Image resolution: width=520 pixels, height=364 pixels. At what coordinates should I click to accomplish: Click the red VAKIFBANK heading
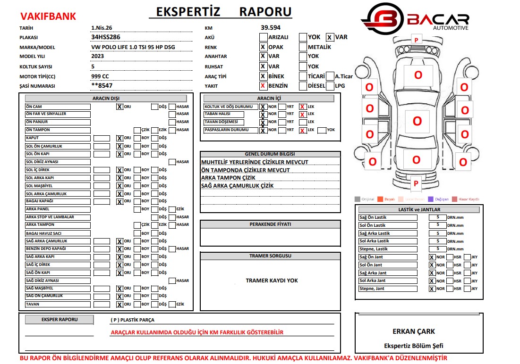pyautogui.click(x=48, y=17)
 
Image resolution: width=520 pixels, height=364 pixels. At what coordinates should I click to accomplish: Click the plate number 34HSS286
pyautogui.click(x=105, y=37)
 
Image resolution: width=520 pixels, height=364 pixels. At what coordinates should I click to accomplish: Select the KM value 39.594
pyautogui.click(x=271, y=28)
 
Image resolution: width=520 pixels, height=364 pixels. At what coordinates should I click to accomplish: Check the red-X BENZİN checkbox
pyautogui.click(x=263, y=86)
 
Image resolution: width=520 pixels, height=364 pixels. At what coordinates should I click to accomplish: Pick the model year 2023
pyautogui.click(x=98, y=56)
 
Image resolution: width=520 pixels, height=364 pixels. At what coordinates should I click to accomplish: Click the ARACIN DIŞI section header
pyautogui.click(x=106, y=99)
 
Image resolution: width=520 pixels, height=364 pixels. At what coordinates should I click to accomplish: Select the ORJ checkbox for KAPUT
pyautogui.click(x=119, y=138)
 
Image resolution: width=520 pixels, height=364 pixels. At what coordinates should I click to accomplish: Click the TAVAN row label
pyautogui.click(x=58, y=304)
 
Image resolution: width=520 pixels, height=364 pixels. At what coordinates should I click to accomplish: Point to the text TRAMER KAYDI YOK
pyautogui.click(x=272, y=281)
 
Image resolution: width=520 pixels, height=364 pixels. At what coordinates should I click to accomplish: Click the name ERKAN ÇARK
pyautogui.click(x=414, y=331)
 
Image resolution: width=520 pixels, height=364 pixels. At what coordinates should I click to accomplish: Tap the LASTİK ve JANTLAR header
pyautogui.click(x=419, y=209)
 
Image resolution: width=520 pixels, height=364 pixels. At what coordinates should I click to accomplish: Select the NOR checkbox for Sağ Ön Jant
pyautogui.click(x=432, y=257)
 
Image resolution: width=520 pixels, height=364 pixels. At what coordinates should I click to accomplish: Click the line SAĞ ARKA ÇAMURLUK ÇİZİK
pyautogui.click(x=238, y=186)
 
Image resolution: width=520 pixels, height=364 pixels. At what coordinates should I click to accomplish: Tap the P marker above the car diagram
pyautogui.click(x=416, y=40)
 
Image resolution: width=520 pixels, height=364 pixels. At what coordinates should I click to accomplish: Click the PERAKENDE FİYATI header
pyautogui.click(x=270, y=224)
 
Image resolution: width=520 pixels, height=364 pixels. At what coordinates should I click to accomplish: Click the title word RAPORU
pyautogui.click(x=265, y=11)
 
